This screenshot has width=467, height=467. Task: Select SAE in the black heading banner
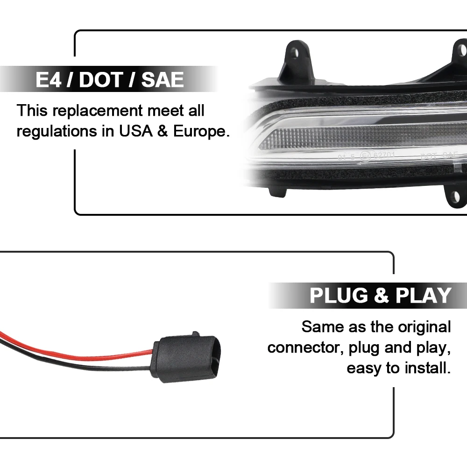pos(162,80)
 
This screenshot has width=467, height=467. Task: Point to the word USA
pos(134,132)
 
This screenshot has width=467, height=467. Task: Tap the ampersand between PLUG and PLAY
pos(382,296)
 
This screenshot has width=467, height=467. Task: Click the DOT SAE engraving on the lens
pos(439,156)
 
